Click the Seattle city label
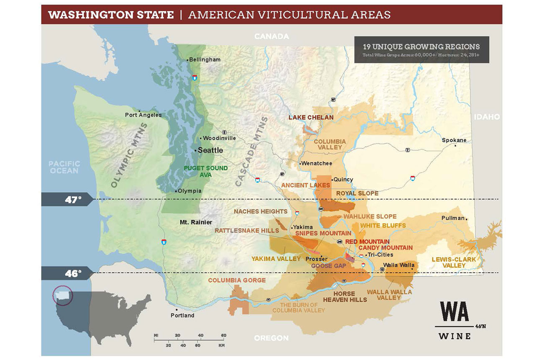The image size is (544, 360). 210,150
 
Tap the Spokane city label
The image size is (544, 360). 454,140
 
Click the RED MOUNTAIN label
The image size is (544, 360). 367,242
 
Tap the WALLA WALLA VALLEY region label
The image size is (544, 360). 389,295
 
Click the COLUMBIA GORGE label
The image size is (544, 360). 237,280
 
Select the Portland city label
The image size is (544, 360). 182,315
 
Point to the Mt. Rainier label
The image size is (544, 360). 196,222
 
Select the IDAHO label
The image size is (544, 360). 487,117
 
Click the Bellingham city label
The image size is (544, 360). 205,60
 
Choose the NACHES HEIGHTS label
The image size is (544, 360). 260,211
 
